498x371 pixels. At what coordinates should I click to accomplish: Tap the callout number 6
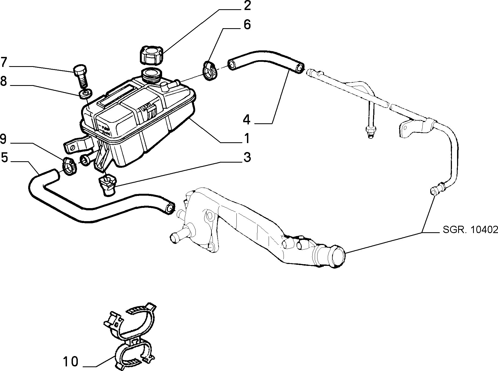coord(247,25)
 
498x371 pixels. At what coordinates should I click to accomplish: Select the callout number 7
coord(4,62)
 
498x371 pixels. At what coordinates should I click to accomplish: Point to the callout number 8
coord(4,81)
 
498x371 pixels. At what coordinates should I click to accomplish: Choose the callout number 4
coord(246,119)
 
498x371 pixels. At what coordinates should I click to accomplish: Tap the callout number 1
coord(247,138)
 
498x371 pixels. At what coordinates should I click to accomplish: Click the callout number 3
coord(247,157)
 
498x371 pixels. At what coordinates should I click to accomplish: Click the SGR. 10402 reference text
coord(470,230)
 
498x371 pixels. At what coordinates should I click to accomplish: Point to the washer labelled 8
coord(86,94)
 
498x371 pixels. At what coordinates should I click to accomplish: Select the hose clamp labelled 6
coord(210,71)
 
